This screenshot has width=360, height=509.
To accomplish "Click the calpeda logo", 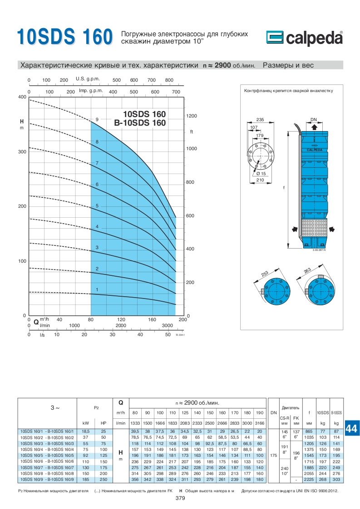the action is [305, 38].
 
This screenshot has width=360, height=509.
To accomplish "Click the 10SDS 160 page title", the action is [64, 36].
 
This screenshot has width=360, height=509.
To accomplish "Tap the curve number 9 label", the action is [97, 119].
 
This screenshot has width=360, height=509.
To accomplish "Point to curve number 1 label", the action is [97, 289].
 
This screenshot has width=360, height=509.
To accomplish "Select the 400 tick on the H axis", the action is [22, 97].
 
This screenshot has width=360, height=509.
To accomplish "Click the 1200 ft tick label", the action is [192, 116].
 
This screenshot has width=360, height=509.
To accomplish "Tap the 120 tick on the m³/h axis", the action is [121, 319].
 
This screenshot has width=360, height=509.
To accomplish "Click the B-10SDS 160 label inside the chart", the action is [140, 123].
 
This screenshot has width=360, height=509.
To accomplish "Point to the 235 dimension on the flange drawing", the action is [260, 119].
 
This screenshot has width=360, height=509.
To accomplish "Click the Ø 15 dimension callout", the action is [261, 174].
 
